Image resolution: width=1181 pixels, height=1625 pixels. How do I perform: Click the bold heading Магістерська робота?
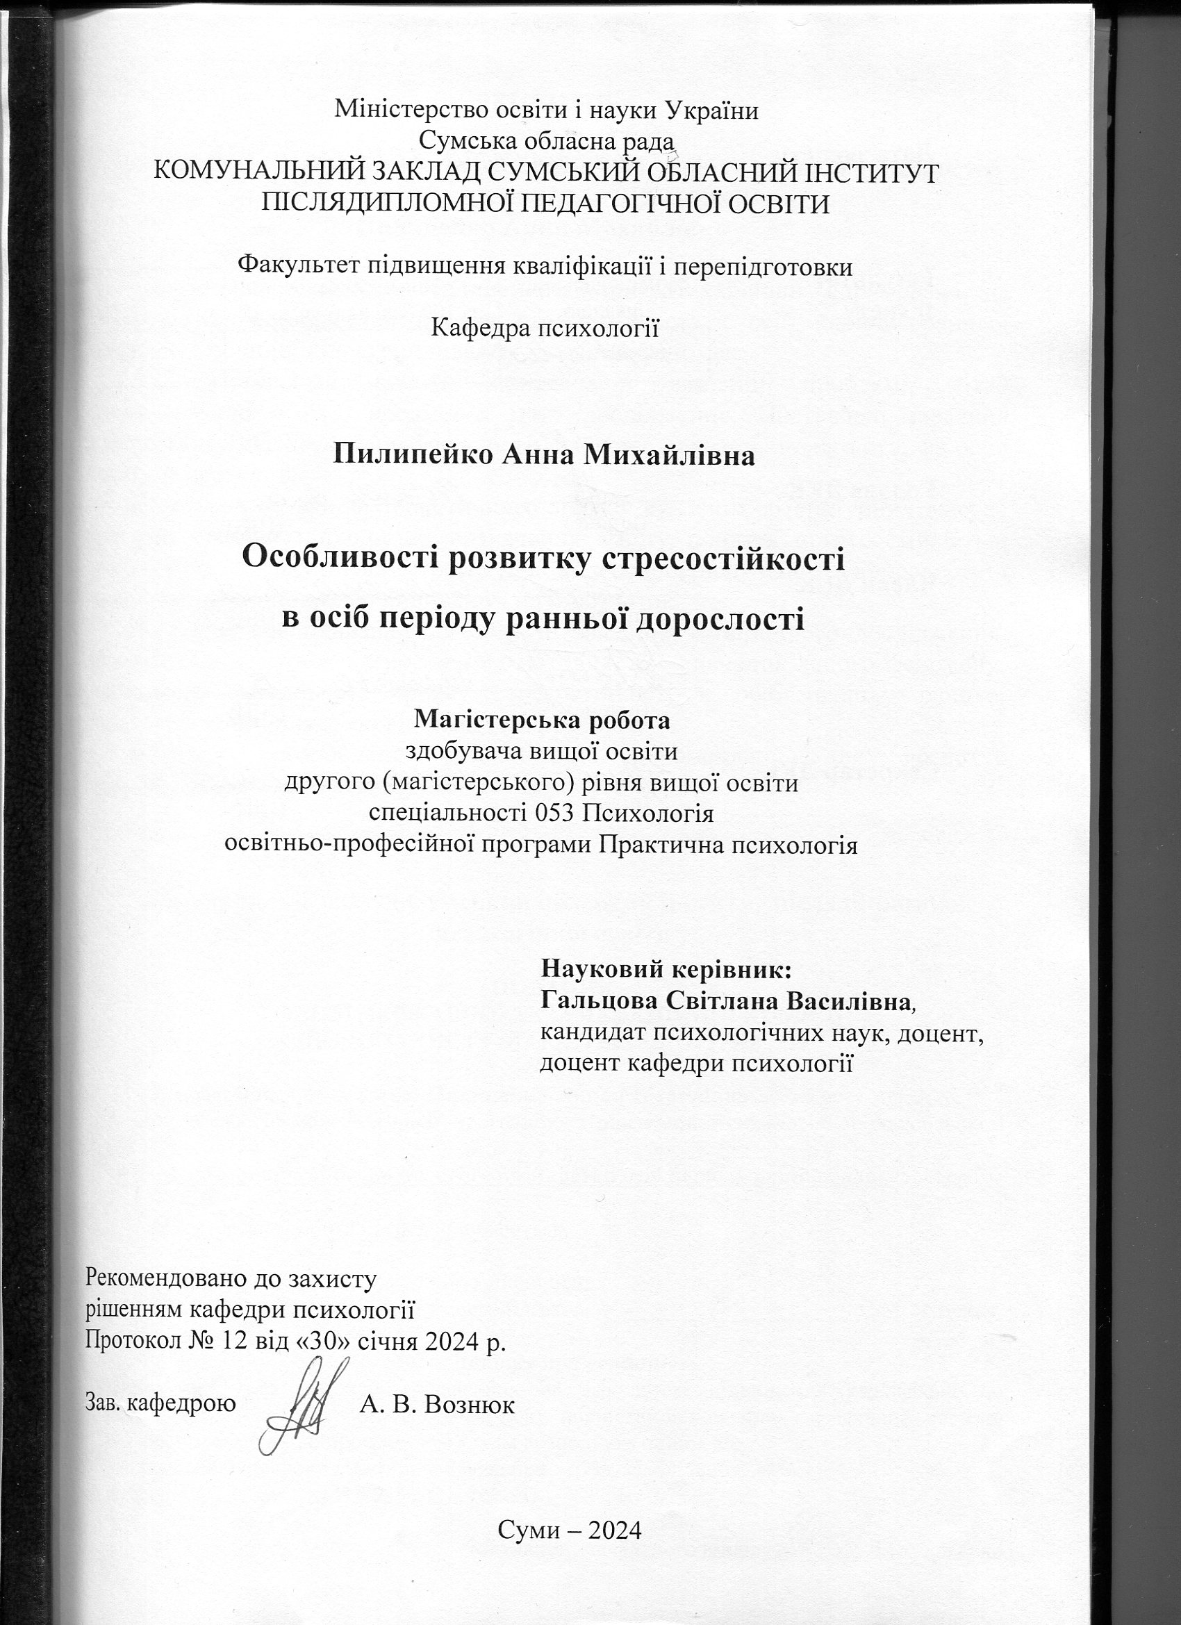point(543,719)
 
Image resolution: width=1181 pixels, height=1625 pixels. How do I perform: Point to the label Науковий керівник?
point(666,970)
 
